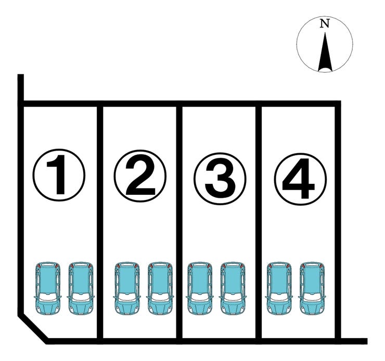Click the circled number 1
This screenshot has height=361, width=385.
point(59,175)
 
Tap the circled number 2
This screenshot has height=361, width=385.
point(140,176)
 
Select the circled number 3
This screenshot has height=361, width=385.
point(220,179)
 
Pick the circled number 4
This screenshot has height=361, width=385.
point(300,179)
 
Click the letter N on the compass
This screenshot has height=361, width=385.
point(325,23)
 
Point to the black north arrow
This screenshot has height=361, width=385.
point(325,52)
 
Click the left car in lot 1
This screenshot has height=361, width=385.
point(48,288)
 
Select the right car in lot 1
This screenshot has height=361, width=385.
point(81,288)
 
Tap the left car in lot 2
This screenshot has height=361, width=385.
point(127,288)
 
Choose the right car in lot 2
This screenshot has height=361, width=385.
point(160,288)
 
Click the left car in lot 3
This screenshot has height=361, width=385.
point(200,288)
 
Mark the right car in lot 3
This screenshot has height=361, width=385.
point(233,288)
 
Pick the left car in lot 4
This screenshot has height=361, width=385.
point(279,288)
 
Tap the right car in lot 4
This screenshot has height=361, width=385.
point(312,288)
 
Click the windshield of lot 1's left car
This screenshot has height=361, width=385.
point(48,297)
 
